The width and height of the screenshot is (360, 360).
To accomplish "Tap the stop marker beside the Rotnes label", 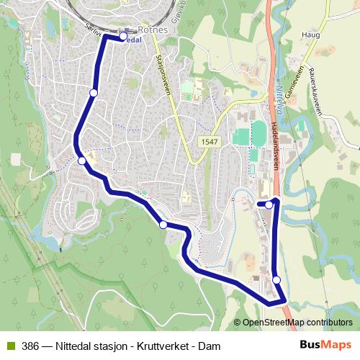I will [123, 36].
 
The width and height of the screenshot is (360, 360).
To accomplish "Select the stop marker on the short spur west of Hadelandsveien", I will [269, 204].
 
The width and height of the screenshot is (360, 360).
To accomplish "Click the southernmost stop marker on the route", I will [276, 280].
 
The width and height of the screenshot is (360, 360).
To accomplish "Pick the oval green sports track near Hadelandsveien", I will [257, 133].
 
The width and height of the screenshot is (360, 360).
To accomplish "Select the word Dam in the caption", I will [209, 346].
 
